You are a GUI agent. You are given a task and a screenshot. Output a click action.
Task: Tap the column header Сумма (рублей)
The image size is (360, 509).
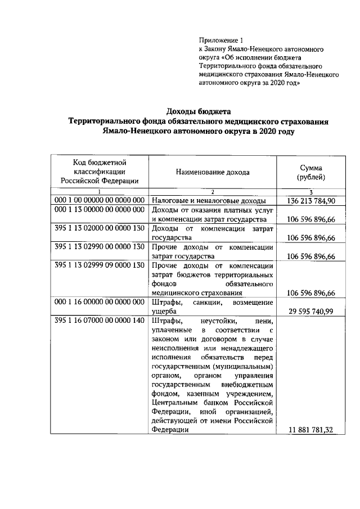tap(310, 172)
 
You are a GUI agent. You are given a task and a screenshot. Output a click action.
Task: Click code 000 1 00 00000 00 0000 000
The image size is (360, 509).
tap(100, 201)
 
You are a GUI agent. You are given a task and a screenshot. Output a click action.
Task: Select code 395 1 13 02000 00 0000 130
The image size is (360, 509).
tap(100, 230)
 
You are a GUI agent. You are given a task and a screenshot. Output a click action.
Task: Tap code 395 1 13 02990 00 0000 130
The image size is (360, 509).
tap(100, 247)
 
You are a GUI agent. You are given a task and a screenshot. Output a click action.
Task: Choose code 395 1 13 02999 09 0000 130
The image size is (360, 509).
tap(100, 265)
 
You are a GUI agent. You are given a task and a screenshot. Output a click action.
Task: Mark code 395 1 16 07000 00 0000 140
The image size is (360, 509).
tap(100, 321)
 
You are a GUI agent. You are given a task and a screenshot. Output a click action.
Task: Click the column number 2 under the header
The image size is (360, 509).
tap(213, 192)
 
